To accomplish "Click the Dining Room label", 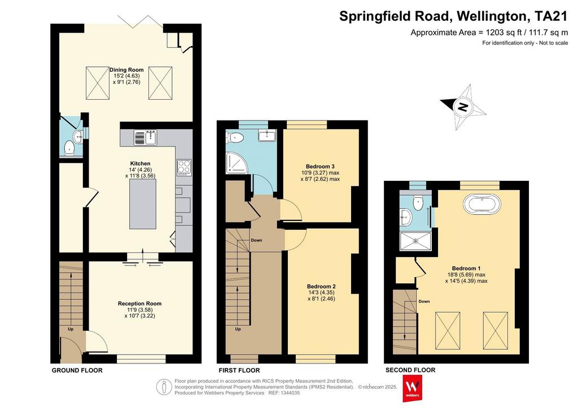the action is tap(126, 69).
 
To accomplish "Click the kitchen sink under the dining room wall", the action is tap(151, 138).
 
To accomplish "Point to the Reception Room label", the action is tap(140, 304).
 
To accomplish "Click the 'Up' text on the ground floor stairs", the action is tap(71, 329).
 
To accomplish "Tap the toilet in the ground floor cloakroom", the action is tap(69, 149).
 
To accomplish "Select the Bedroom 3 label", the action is tap(321, 166).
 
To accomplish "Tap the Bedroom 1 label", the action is tap(466, 268).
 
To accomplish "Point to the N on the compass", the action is tap(463, 107).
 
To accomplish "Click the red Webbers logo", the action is tap(413, 388).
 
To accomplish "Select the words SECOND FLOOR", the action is tap(410, 370).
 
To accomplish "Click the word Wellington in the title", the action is tap(491, 16).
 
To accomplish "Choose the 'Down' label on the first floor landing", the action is tap(257, 240).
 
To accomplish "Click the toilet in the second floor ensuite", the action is tap(418, 203).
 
